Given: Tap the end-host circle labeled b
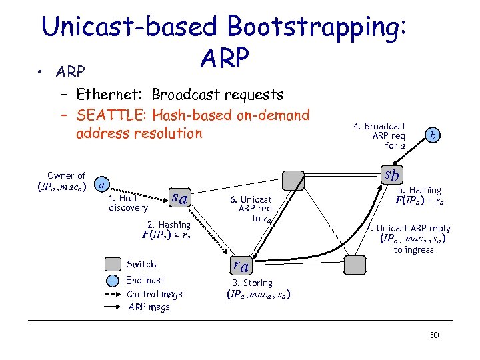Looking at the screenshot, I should coord(433,135).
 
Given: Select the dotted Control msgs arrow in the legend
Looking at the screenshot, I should coord(113,294).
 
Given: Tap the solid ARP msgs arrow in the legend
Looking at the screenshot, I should coord(113,307).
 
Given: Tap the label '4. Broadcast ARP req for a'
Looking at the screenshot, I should coord(388,135).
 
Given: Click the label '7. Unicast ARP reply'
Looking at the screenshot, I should coord(413,228).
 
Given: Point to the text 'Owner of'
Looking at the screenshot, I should coord(66,176).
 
